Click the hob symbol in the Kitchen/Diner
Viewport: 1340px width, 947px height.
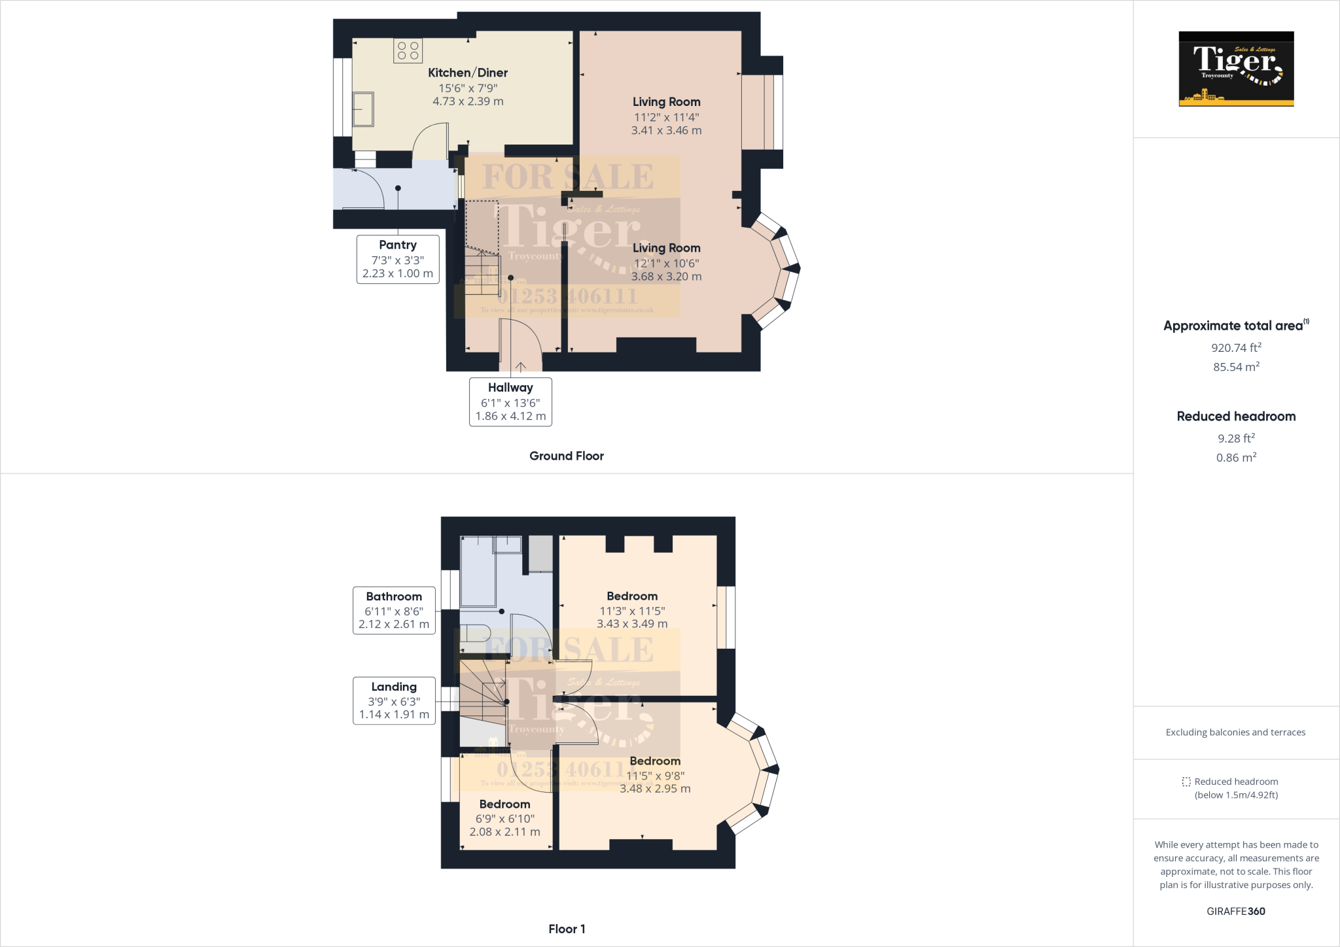408,51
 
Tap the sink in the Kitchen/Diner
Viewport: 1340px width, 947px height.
363,109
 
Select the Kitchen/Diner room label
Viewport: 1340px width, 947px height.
468,73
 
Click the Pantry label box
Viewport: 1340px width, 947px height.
398,259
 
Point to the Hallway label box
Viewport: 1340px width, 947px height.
510,402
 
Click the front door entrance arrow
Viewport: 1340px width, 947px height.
521,367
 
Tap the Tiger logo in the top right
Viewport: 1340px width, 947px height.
1236,69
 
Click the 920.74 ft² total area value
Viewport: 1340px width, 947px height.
1236,348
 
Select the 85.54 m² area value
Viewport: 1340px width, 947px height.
1236,367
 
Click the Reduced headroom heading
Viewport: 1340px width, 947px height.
1236,417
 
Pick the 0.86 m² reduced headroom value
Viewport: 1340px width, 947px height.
1236,458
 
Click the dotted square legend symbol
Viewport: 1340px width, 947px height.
1186,782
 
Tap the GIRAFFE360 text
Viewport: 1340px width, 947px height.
1236,911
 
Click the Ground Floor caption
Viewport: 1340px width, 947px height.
567,456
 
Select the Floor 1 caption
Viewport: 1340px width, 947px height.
567,929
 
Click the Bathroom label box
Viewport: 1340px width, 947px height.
394,610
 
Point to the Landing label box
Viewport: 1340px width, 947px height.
394,700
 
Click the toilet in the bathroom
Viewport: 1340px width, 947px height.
474,633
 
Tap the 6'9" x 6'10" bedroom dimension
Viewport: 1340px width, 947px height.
504,818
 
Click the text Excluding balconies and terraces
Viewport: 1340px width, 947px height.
1235,732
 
